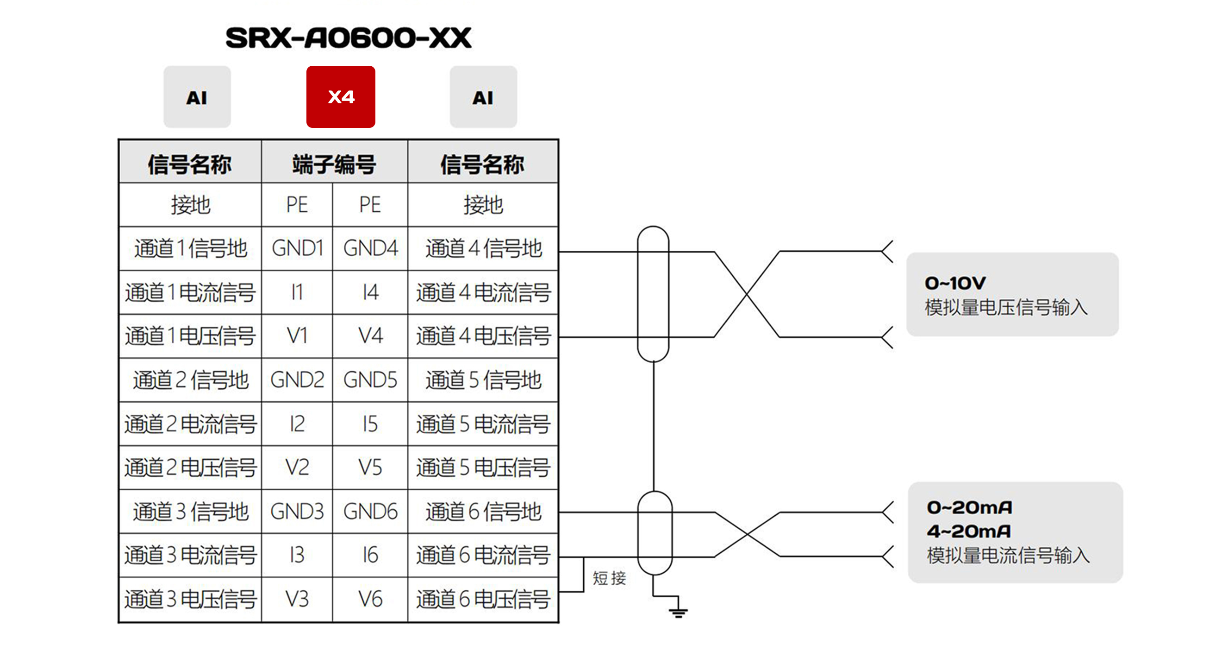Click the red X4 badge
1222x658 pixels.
coord(341,97)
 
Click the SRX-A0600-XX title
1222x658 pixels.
coord(348,38)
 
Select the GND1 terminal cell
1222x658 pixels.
coord(297,248)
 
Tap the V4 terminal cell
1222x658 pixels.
coord(370,335)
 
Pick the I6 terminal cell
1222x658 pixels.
coord(370,555)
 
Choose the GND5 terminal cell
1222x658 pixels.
coord(370,380)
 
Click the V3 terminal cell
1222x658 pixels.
coord(297,599)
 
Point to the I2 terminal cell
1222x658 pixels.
coord(297,424)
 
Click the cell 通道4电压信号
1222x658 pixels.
coord(483,335)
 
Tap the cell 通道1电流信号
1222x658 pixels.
coord(190,292)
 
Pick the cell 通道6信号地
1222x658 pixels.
coord(483,511)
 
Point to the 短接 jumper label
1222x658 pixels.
coord(609,578)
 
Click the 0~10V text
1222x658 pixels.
coord(955,284)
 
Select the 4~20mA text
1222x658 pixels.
coord(969,531)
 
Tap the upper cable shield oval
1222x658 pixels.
coord(653,294)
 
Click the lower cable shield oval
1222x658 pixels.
coord(655,533)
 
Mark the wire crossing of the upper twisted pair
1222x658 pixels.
coord(747,295)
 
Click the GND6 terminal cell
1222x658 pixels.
coord(370,511)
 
